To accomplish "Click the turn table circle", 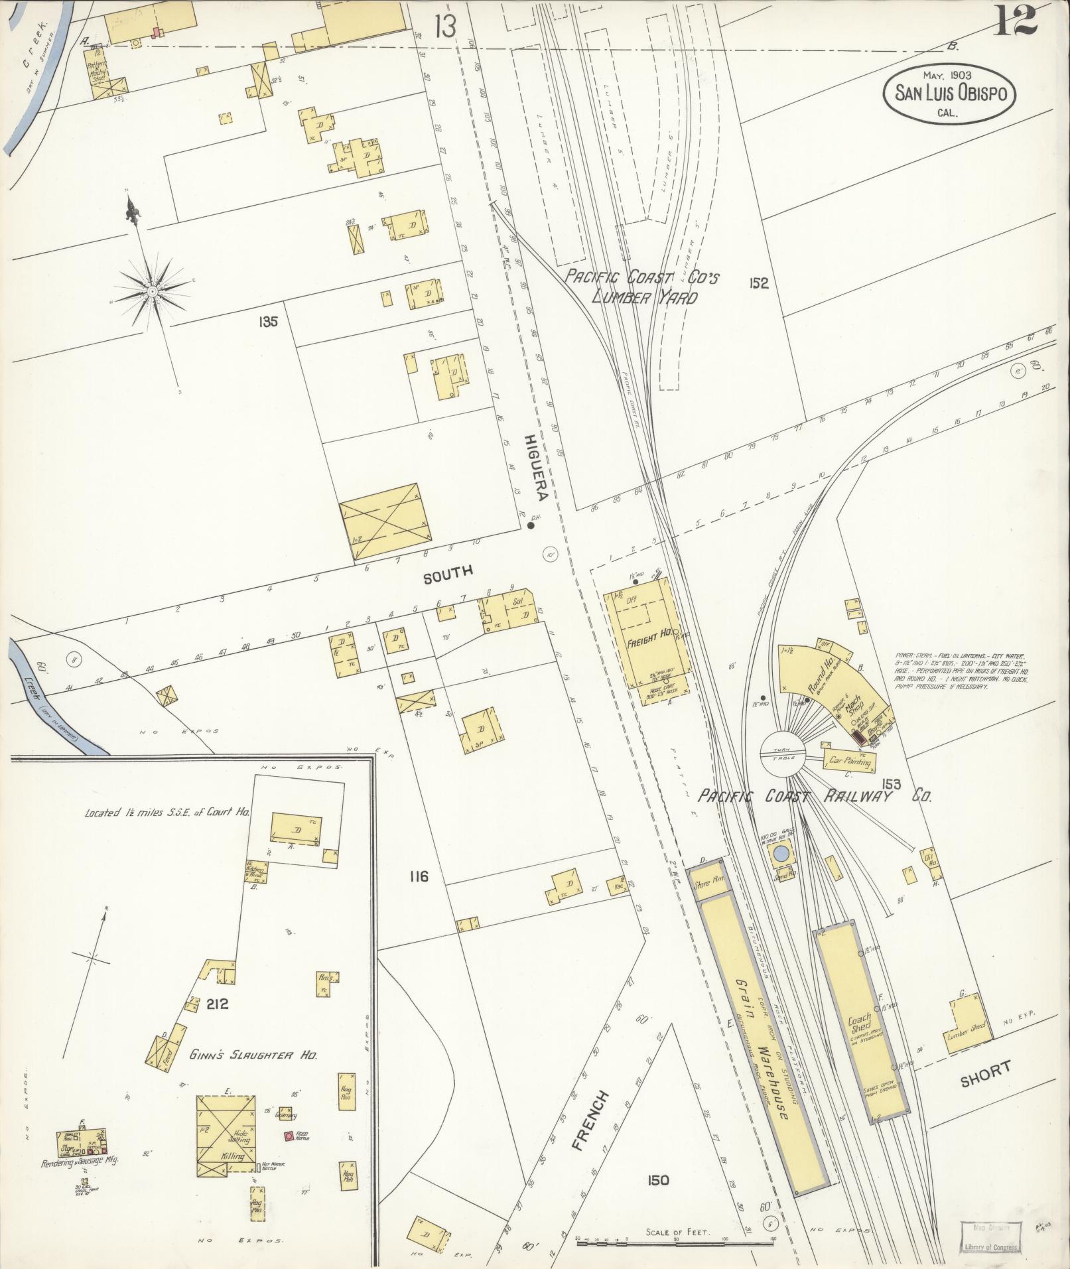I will tap(782, 754).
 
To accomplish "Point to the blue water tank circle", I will tap(782, 853).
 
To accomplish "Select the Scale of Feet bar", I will tap(675, 1238).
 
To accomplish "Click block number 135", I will tap(269, 322).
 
